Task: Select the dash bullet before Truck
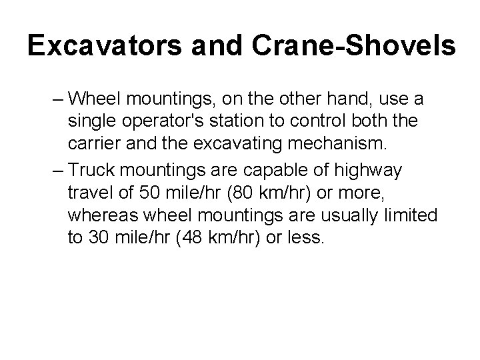point(55,170)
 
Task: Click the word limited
point(409,216)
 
